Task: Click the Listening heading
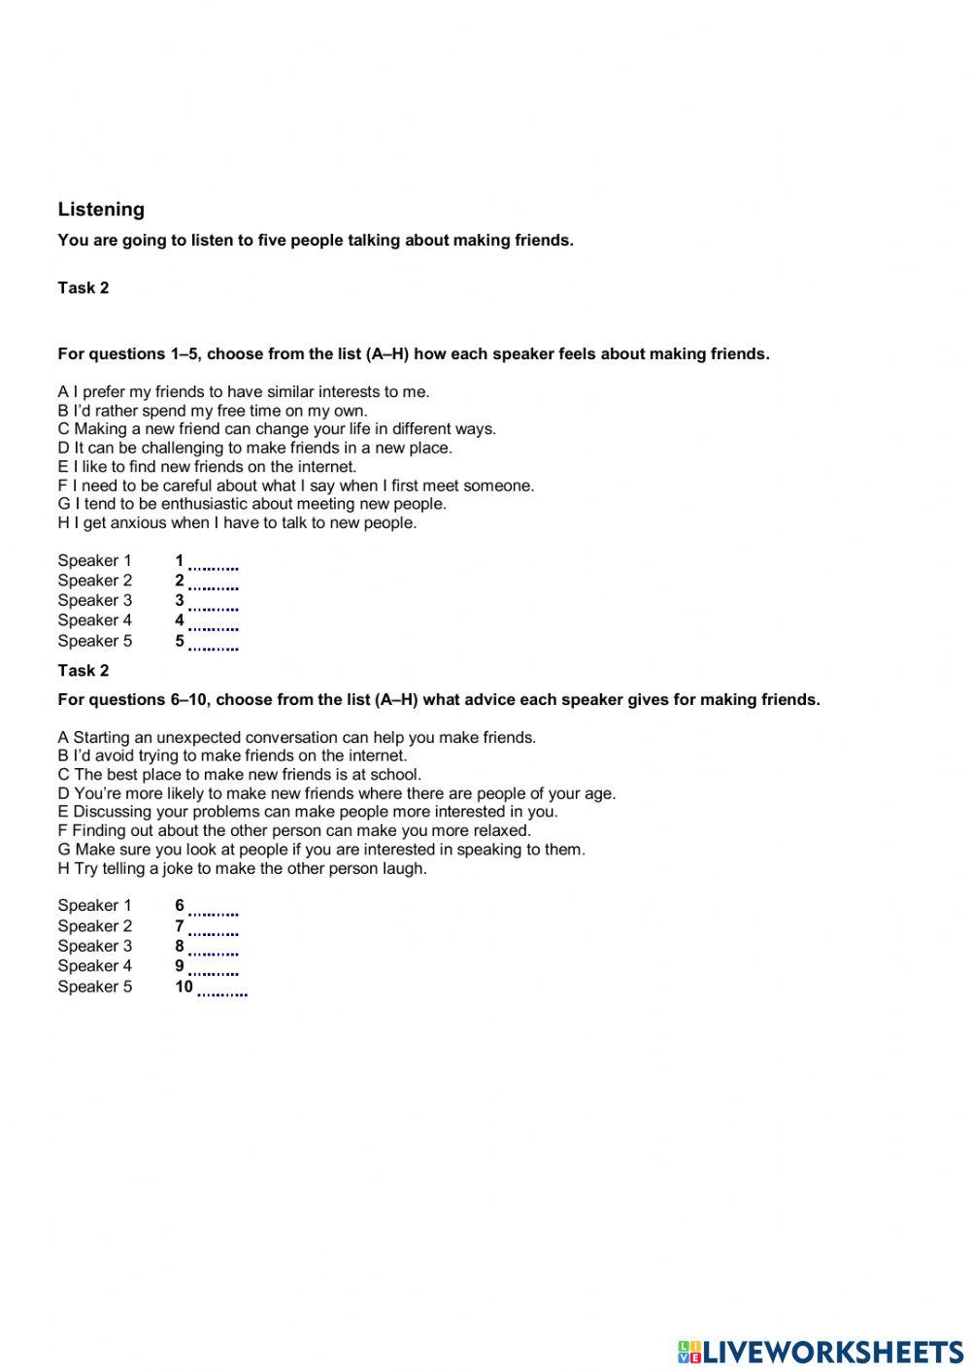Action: pyautogui.click(x=101, y=209)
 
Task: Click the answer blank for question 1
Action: pyautogui.click(x=214, y=562)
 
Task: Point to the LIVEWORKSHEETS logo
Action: pyautogui.click(x=820, y=1352)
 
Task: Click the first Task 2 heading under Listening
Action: pyautogui.click(x=84, y=287)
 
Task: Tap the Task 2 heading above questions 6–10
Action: pyautogui.click(x=84, y=670)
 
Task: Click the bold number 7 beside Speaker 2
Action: pyautogui.click(x=180, y=926)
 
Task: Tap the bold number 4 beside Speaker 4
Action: pyautogui.click(x=180, y=620)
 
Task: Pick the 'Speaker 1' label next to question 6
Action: pyautogui.click(x=94, y=906)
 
